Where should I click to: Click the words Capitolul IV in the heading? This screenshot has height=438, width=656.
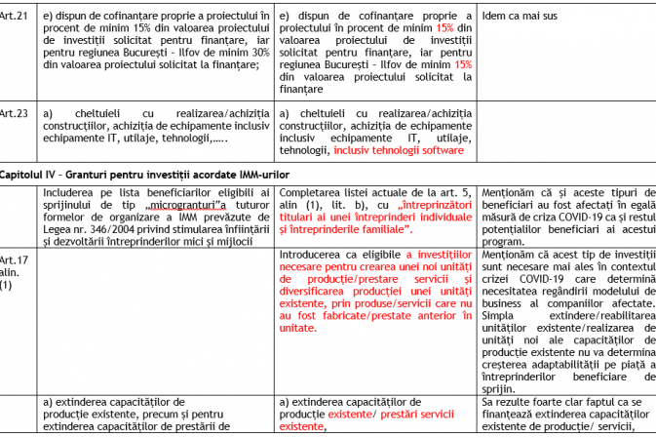click(x=28, y=171)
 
